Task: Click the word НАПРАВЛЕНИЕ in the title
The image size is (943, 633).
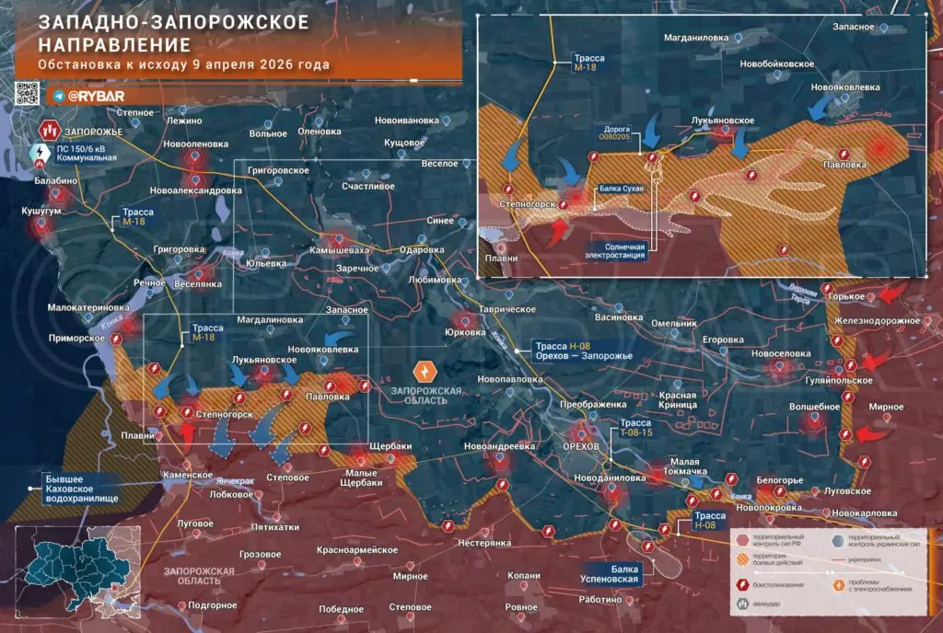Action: pyautogui.click(x=103, y=44)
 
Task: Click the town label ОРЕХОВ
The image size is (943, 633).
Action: pyautogui.click(x=580, y=445)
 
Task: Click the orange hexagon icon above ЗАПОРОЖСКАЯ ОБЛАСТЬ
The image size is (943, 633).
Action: pyautogui.click(x=425, y=372)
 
